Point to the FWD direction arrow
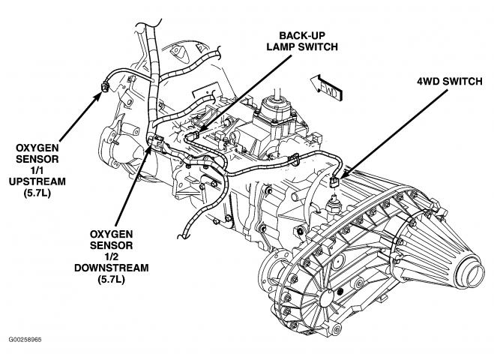coord(324,88)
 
